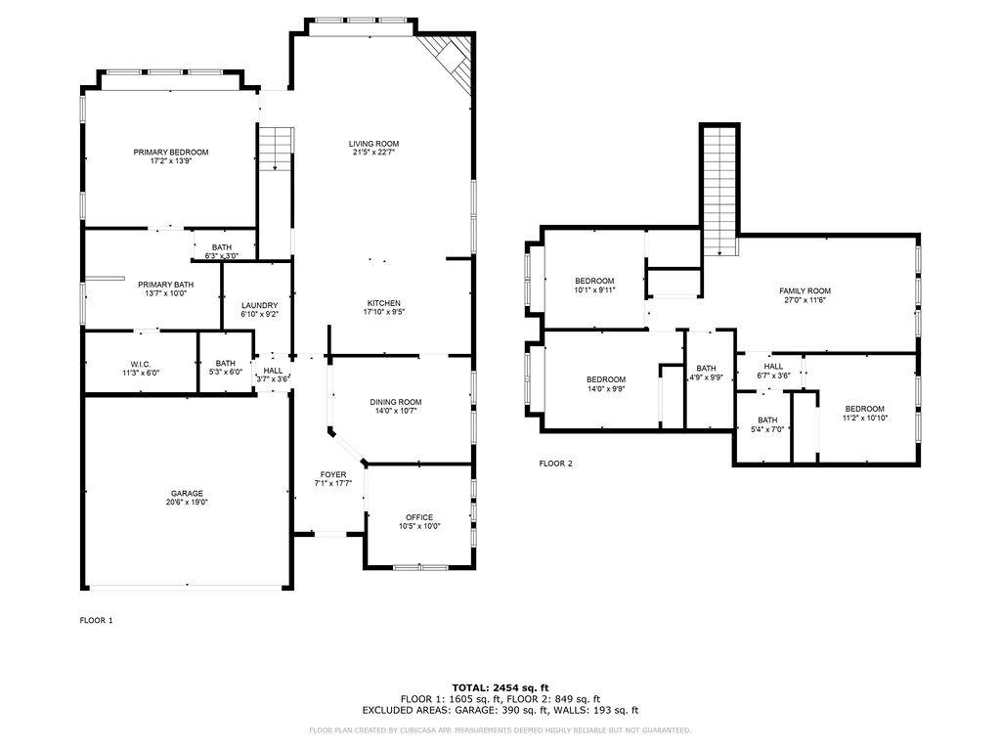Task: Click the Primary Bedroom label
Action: [170, 152]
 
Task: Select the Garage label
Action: [187, 493]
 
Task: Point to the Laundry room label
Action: [259, 305]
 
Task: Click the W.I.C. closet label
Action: [141, 364]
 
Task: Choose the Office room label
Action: [419, 517]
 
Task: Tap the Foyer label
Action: [333, 474]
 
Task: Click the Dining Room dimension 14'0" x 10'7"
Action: [396, 412]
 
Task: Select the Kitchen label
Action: [383, 303]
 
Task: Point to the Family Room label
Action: [805, 290]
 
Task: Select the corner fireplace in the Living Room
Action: [449, 60]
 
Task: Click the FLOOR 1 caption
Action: [96, 620]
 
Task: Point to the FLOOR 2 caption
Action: [555, 464]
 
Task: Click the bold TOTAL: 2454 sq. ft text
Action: [500, 687]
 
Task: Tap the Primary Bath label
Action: [166, 285]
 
